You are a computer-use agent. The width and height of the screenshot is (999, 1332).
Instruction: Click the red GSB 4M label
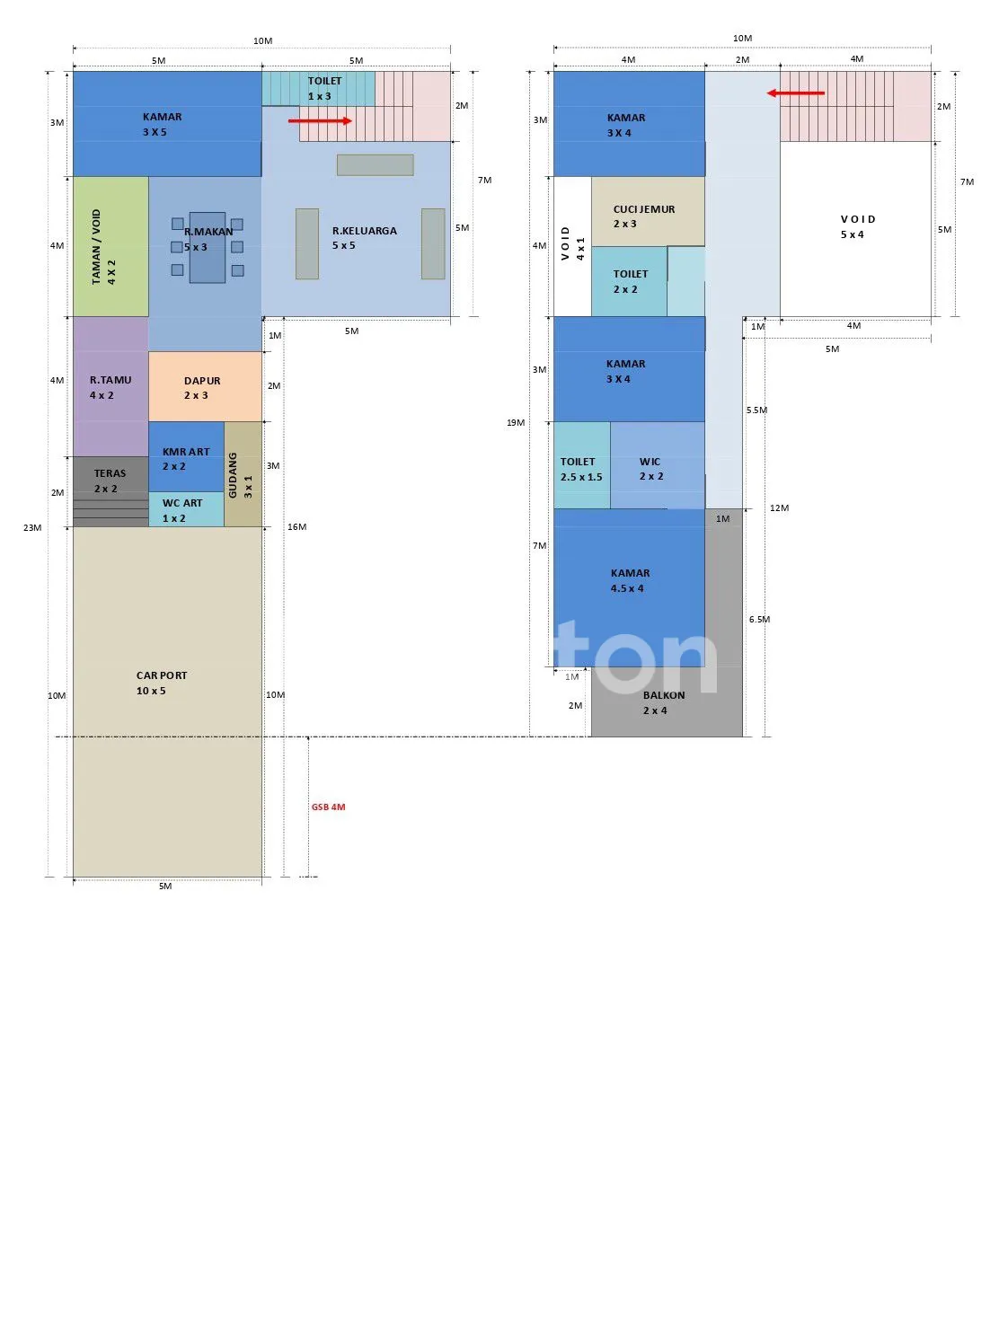[328, 807]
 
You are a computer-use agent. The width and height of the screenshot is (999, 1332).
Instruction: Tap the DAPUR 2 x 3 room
[205, 386]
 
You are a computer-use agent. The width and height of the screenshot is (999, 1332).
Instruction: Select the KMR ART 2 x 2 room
[186, 456]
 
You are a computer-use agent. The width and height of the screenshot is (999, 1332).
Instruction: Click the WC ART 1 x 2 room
[186, 509]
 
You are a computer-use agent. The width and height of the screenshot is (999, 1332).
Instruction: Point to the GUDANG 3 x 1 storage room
[243, 474]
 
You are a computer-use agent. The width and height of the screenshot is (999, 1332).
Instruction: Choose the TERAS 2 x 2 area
[111, 491]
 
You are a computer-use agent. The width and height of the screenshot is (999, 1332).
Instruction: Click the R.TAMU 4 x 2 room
[111, 386]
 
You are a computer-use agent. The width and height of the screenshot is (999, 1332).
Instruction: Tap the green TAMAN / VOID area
[111, 246]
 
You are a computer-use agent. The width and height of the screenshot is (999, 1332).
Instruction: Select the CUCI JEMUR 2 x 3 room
[649, 211]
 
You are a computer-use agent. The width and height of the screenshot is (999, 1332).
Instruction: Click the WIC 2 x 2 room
[658, 465]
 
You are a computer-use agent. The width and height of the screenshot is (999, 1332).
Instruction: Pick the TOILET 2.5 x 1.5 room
[582, 465]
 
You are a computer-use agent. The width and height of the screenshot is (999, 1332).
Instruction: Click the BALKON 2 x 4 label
[664, 702]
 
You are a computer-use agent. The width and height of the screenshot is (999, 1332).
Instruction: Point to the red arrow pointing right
[320, 120]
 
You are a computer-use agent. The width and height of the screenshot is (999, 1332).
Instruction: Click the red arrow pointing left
[796, 93]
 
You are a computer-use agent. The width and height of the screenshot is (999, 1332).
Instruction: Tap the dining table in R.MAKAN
[208, 247]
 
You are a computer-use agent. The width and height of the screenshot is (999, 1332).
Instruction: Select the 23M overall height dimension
[32, 527]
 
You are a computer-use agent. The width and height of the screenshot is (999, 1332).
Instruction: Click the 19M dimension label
[516, 422]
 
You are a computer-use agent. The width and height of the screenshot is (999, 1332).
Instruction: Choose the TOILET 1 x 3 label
[324, 89]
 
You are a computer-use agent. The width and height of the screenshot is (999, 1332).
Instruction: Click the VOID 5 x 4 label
[858, 227]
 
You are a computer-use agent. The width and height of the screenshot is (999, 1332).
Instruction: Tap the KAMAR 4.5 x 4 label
[630, 581]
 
